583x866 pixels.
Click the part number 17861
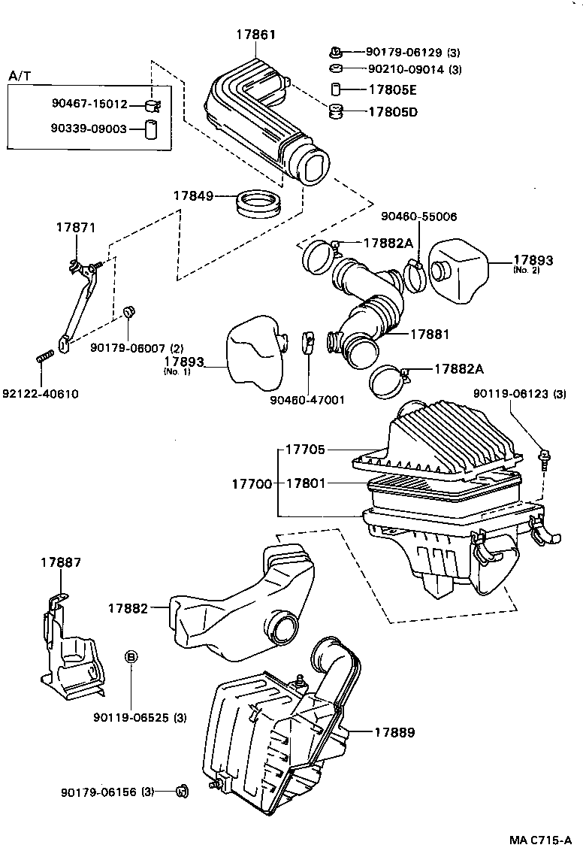pos(255,35)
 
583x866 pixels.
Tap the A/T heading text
pos(20,77)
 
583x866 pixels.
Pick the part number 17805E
pos(392,89)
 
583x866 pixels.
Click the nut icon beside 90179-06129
pos(336,52)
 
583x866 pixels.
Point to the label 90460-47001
pos(307,399)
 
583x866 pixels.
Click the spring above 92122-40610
pos(44,356)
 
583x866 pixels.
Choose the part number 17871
pos(77,227)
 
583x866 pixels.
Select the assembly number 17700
pos(252,483)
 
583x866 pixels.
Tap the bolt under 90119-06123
pos(543,458)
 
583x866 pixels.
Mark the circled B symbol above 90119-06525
pos(131,657)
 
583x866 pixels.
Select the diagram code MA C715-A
pos(540,840)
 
